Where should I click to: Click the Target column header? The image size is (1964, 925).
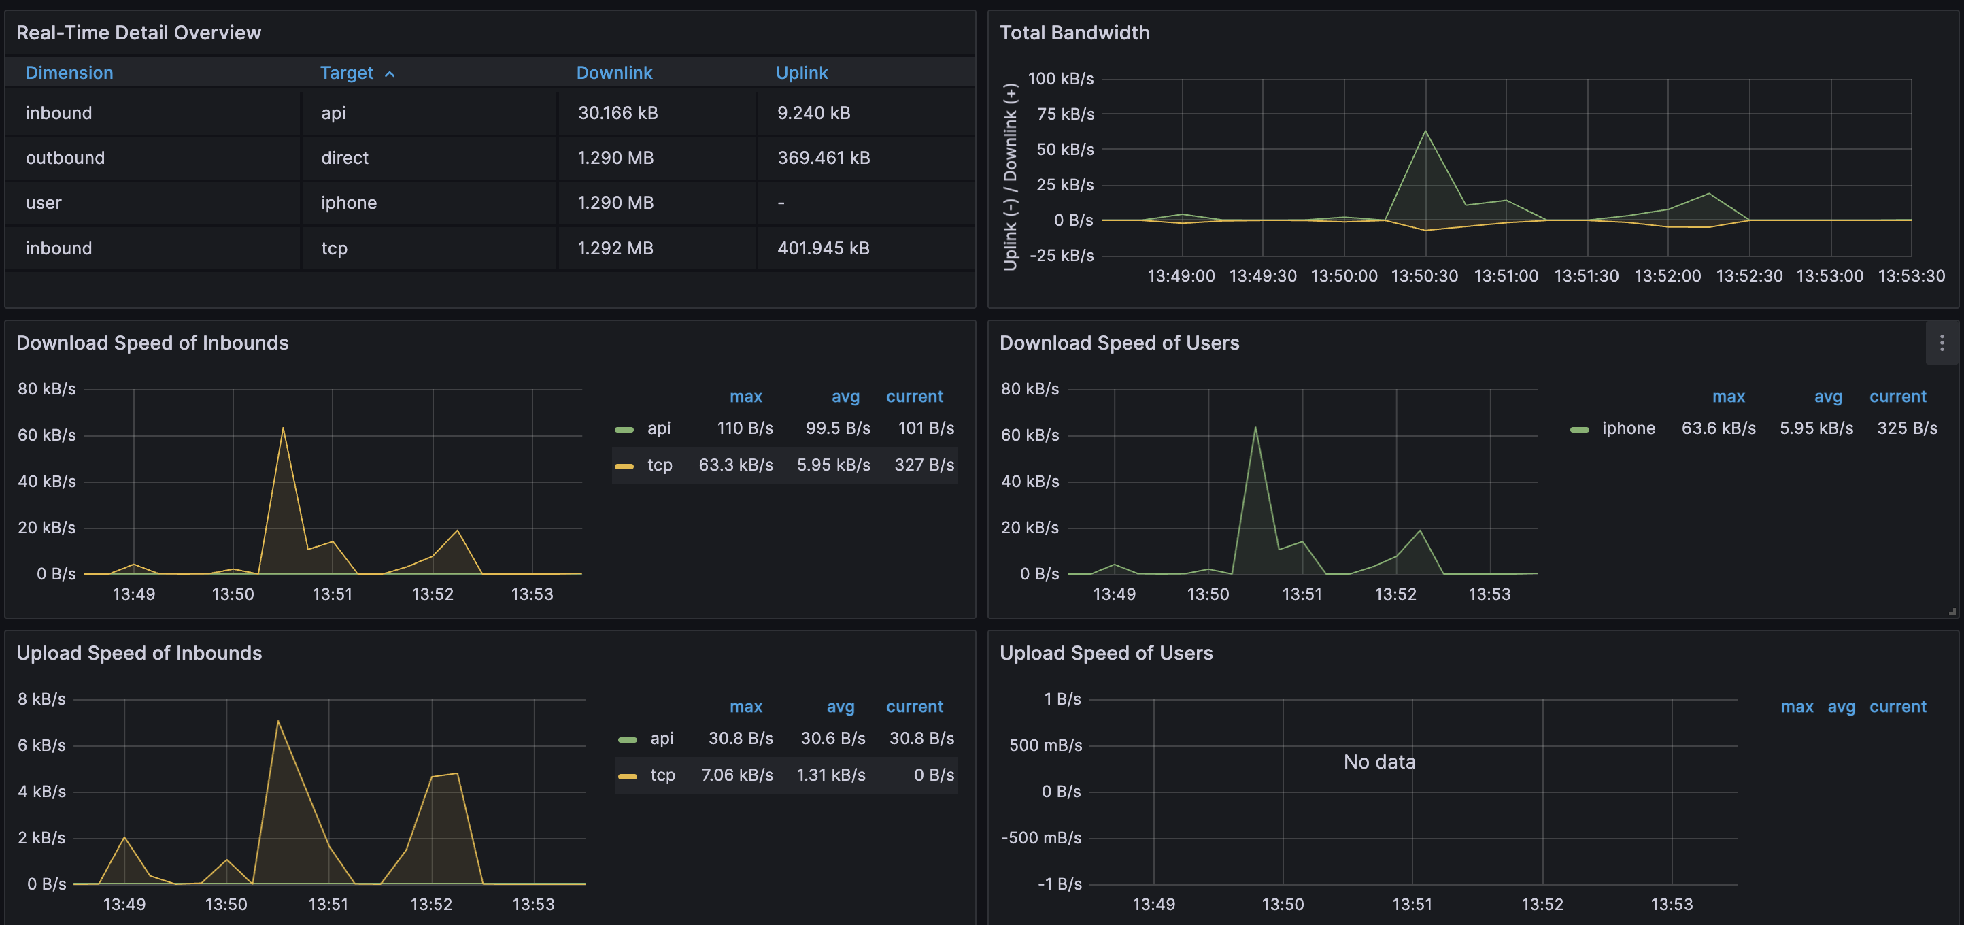347,73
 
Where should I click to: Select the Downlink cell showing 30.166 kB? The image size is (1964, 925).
617,113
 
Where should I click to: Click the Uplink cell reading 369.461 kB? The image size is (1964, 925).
824,158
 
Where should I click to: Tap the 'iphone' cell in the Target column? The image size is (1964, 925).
348,203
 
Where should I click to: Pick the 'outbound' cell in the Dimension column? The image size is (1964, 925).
65,158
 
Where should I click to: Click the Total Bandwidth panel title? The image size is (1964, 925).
1074,33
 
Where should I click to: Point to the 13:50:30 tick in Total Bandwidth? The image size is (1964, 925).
1424,276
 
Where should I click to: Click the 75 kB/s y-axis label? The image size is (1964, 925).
1065,114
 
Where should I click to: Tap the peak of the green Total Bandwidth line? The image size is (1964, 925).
1425,131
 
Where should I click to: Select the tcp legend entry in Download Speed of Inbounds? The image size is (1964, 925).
659,465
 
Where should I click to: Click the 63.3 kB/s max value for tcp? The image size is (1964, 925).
736,465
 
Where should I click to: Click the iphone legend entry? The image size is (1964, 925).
1628,428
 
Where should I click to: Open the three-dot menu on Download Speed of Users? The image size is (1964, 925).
1941,343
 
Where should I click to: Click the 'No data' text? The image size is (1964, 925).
1379,762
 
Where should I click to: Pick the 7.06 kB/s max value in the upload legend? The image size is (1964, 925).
736,775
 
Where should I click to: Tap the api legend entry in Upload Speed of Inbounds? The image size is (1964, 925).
661,738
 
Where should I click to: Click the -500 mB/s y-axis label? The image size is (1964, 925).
1040,838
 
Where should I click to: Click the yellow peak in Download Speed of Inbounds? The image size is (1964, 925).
283,428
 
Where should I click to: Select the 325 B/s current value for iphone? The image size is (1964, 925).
1906,428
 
